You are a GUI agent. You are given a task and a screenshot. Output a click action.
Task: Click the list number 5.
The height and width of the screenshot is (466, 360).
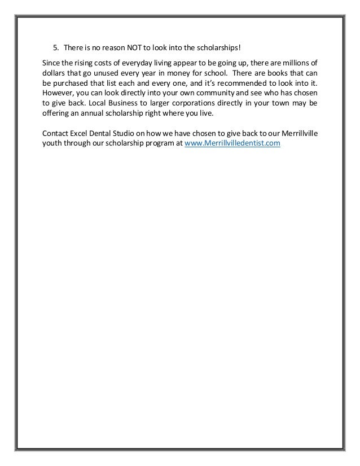55,46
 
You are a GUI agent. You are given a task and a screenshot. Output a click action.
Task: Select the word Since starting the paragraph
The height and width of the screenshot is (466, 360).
52,62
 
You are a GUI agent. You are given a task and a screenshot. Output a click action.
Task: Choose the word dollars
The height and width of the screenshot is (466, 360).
56,73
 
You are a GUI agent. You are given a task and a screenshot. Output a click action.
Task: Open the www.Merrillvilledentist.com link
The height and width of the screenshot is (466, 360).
232,145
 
